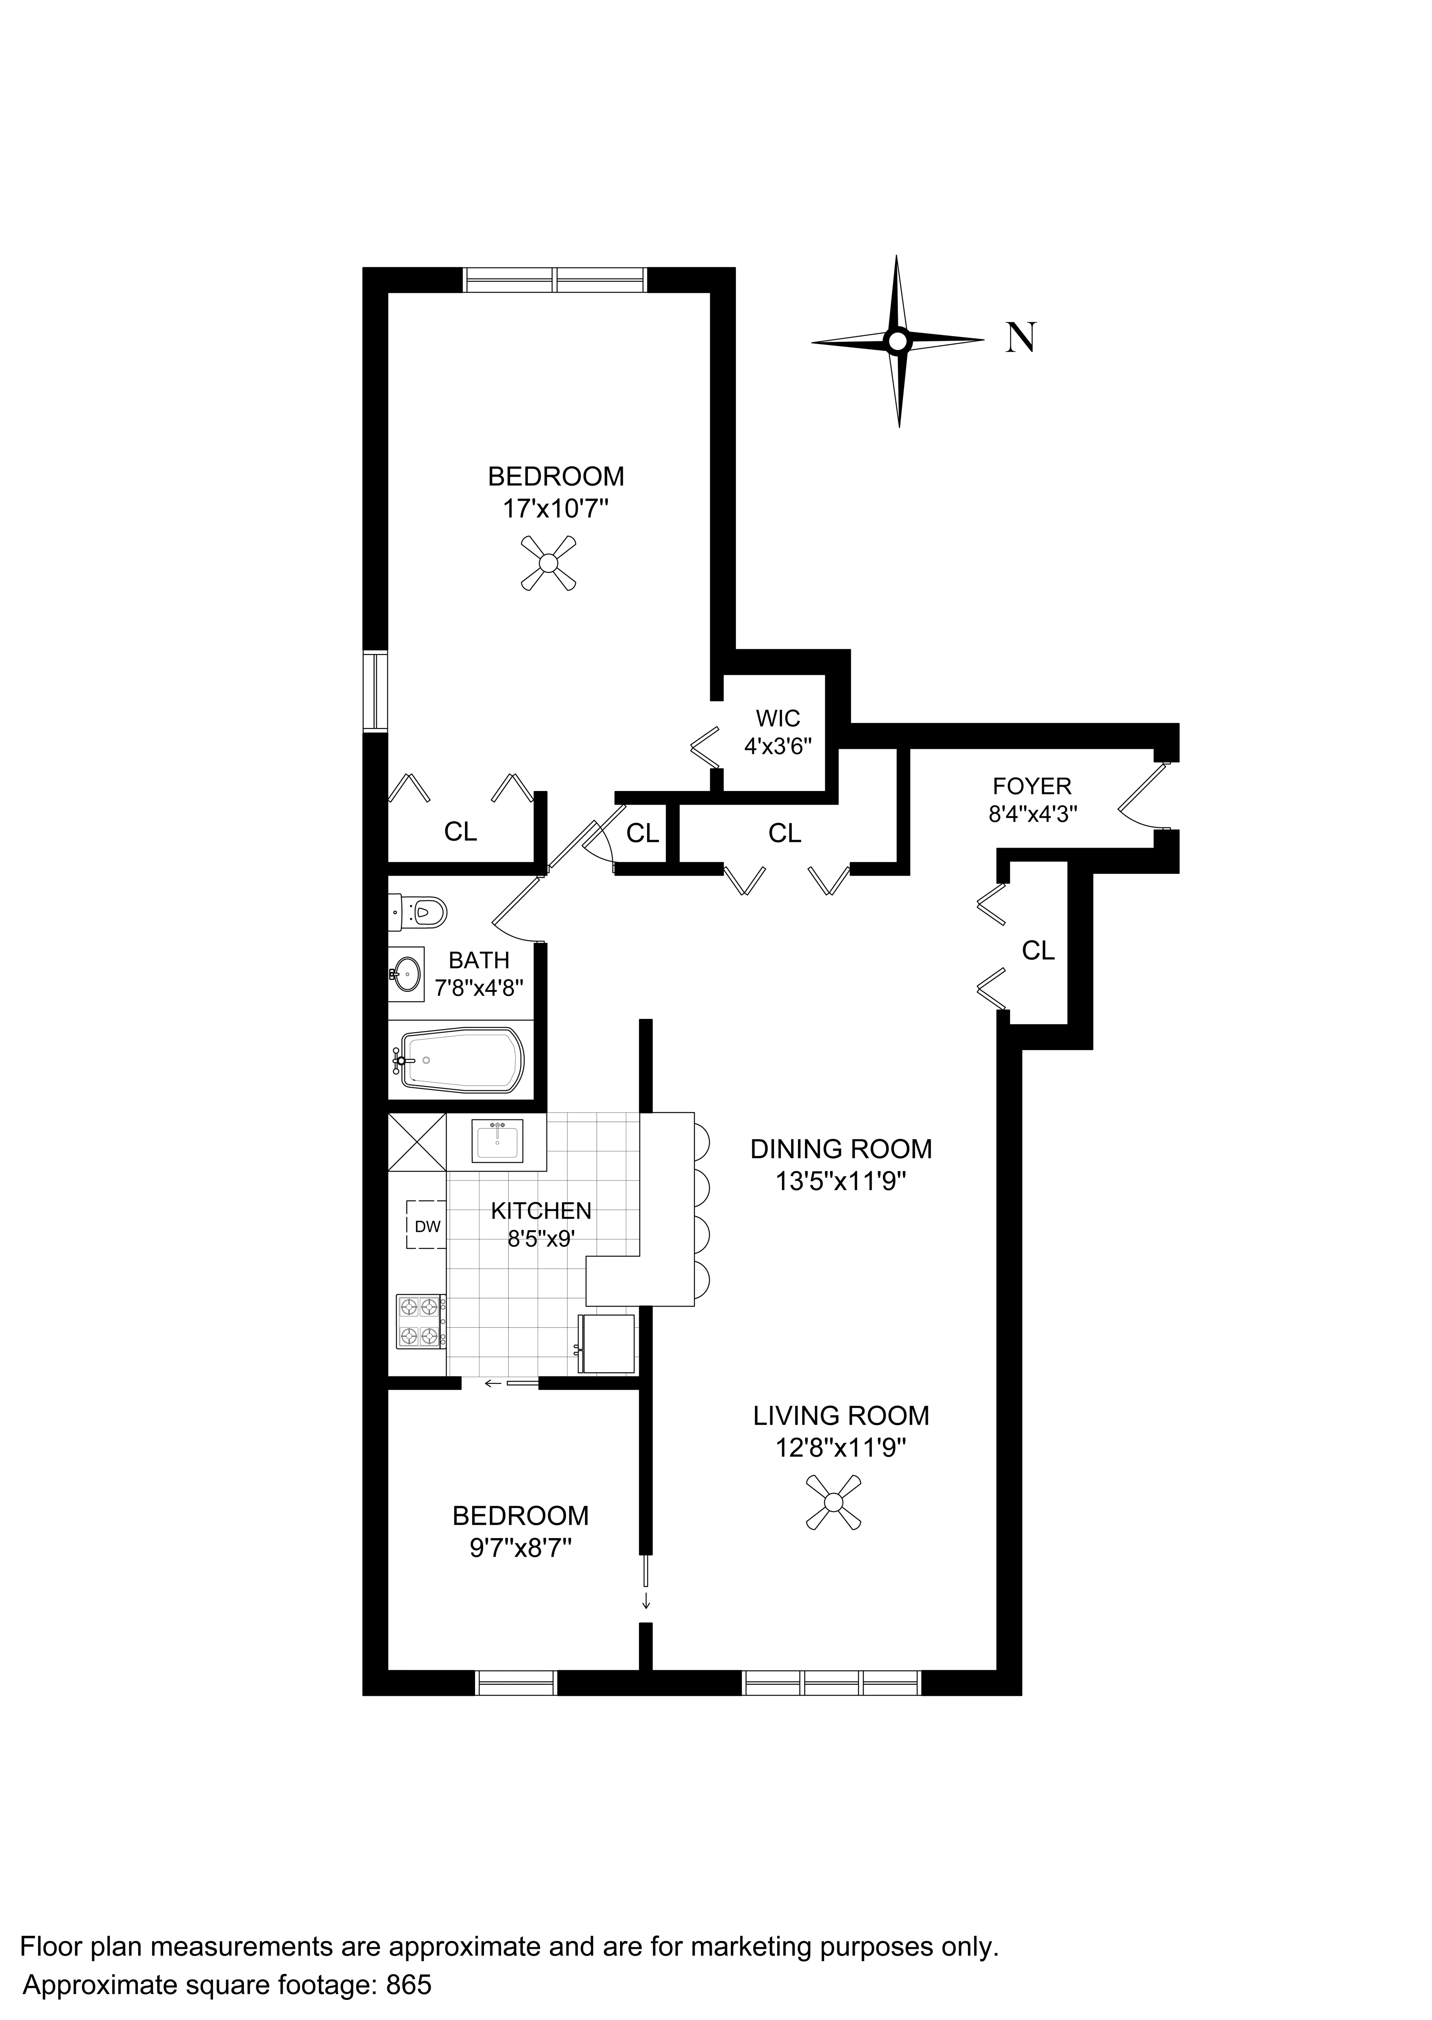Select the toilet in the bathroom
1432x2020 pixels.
click(x=420, y=910)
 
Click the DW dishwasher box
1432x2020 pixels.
click(x=427, y=1226)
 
